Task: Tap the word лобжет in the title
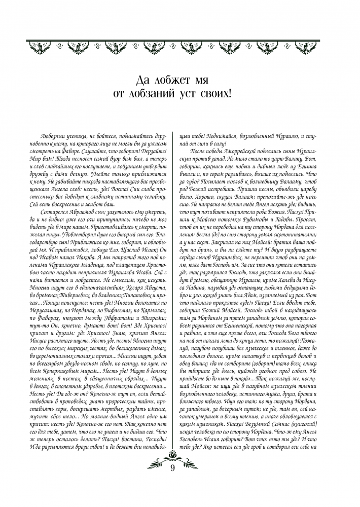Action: [x=176, y=80]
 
